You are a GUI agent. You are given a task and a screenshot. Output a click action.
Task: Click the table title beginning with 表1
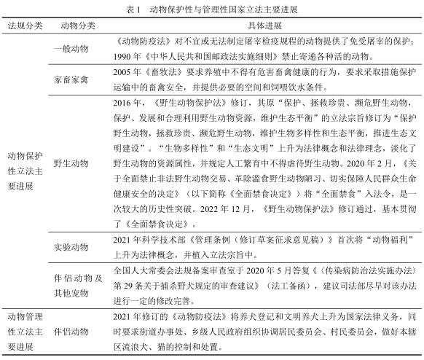click(212, 10)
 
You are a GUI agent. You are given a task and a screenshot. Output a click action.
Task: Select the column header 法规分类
click(24, 26)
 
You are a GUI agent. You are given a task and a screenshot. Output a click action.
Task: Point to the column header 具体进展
click(256, 26)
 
